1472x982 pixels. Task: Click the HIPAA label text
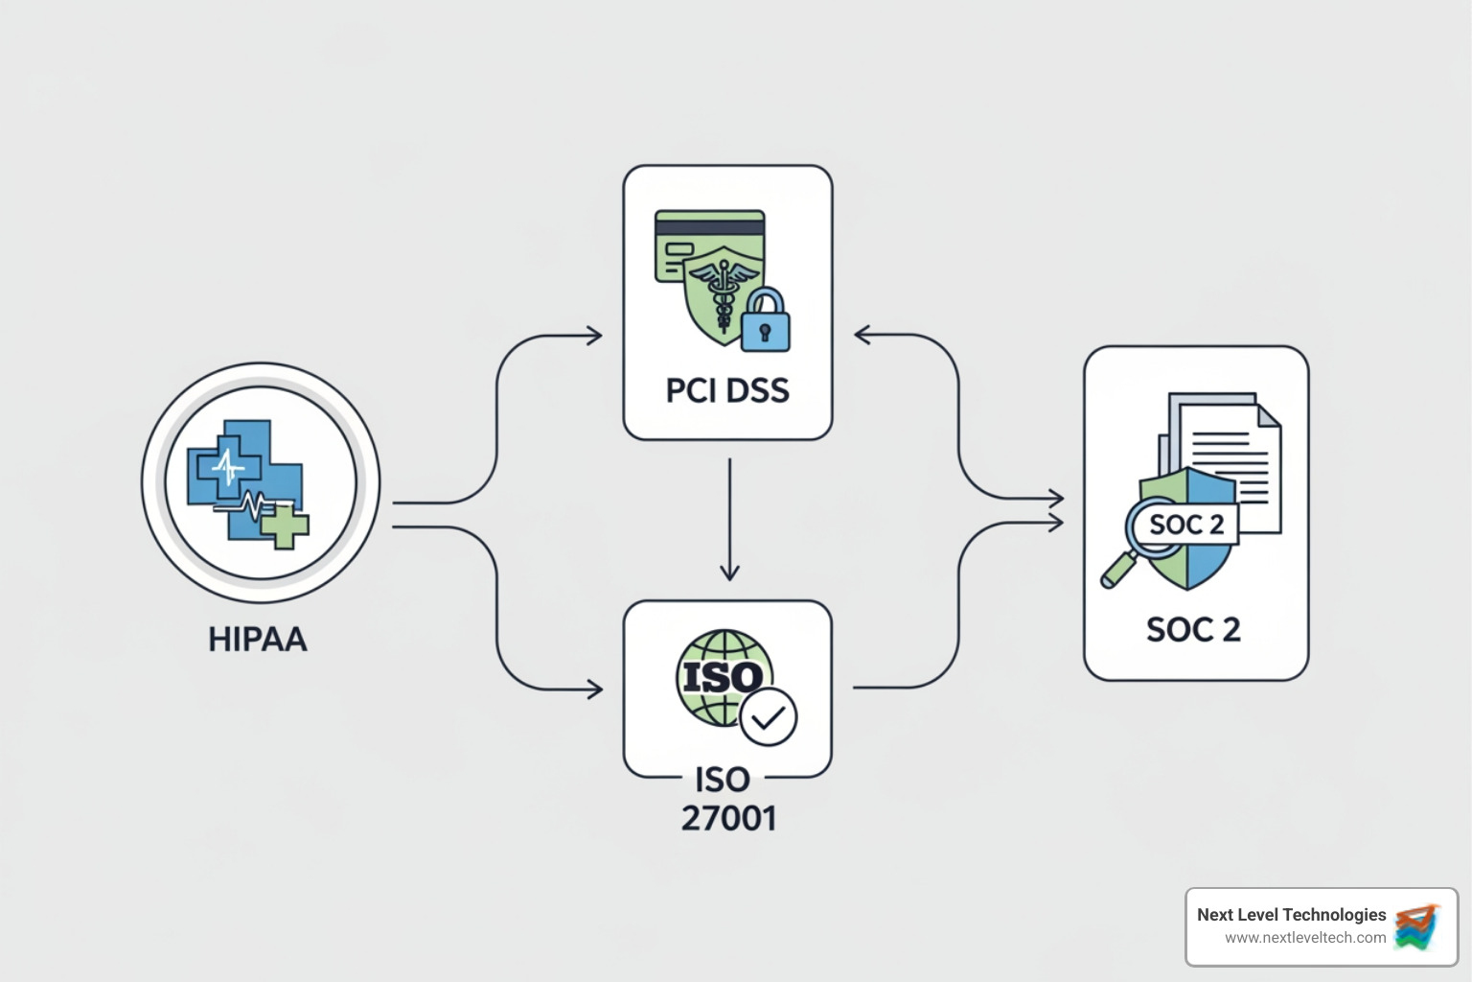(x=258, y=640)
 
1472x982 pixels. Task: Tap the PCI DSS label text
(x=727, y=390)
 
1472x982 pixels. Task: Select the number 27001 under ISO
(x=728, y=818)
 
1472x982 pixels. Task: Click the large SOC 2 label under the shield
(x=1193, y=630)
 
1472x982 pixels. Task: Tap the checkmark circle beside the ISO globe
(x=769, y=716)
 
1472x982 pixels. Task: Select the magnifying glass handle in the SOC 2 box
(x=1115, y=573)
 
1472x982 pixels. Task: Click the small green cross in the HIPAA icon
(x=286, y=526)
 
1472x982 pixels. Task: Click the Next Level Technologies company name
(x=1291, y=915)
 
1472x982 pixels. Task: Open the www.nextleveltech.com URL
(x=1305, y=938)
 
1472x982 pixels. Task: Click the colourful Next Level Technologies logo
(x=1417, y=926)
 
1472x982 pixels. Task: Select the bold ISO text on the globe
(x=722, y=678)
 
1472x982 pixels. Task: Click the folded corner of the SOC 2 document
(x=1267, y=414)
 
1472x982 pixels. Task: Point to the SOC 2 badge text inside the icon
(x=1186, y=525)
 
